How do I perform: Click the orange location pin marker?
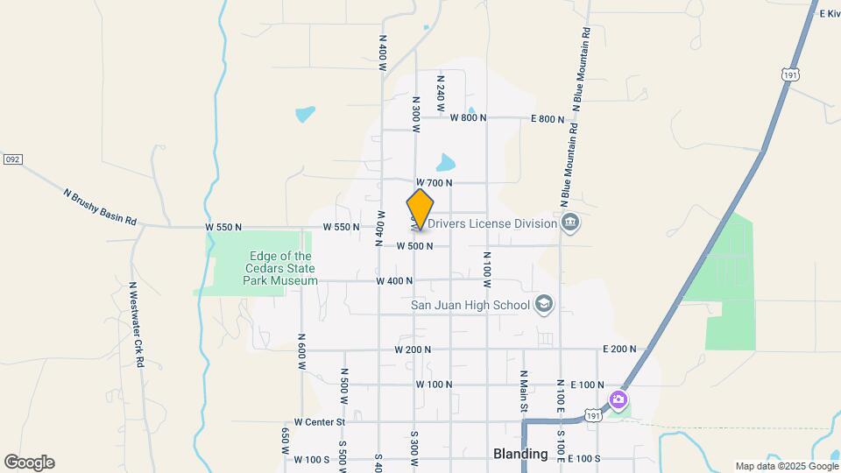[420, 208]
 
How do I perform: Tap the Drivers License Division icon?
[570, 222]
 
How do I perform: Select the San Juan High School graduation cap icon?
[544, 305]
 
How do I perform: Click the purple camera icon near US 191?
[618, 400]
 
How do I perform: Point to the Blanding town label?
[520, 454]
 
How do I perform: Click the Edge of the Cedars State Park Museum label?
[279, 268]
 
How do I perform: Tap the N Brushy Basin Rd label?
[100, 207]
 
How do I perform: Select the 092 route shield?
[11, 159]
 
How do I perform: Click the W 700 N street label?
[434, 183]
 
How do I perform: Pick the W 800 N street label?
[469, 118]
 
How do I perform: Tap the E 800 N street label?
[548, 118]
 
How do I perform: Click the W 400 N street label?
[394, 281]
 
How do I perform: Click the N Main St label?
[522, 390]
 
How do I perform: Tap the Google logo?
[29, 462]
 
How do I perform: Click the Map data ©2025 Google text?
[785, 466]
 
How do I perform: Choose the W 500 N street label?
[414, 246]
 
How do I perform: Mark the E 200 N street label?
[618, 349]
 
